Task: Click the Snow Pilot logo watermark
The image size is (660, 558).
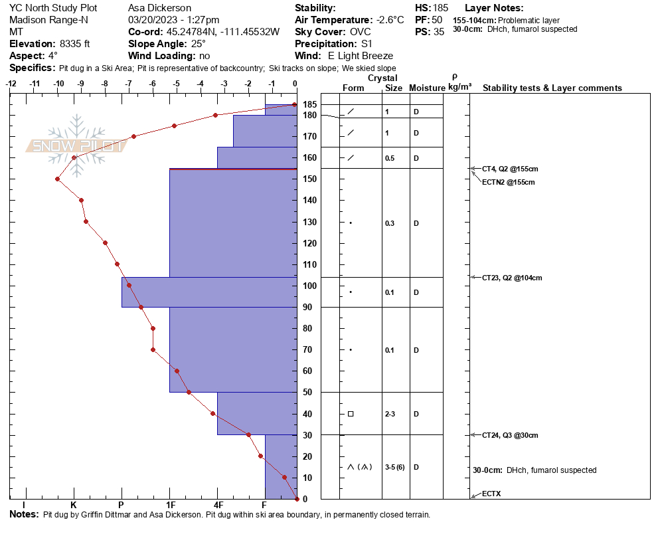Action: tap(77, 145)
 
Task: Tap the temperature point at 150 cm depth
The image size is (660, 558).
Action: tap(58, 179)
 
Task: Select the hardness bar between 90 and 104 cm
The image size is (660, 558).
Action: tap(145, 292)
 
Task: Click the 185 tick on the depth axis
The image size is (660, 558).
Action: tap(309, 105)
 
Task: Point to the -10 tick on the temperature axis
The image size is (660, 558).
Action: tap(58, 84)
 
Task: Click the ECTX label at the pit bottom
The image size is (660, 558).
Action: tap(492, 495)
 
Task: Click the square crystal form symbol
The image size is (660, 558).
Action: tap(351, 414)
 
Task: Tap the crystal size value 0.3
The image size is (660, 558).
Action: tap(390, 223)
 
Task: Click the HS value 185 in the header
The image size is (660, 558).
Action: tap(440, 8)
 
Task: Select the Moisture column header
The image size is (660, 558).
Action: tap(427, 88)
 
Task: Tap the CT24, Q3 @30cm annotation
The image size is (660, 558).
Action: tap(510, 435)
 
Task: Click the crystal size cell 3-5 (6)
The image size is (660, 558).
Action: tap(394, 467)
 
